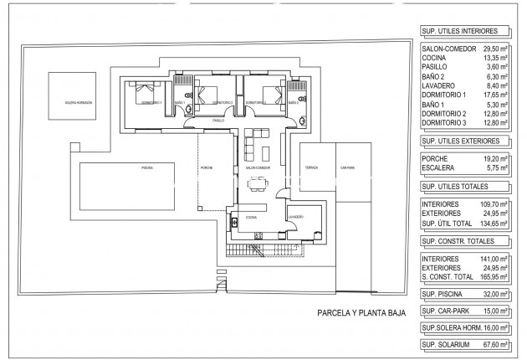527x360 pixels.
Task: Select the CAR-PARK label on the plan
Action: pyautogui.click(x=348, y=167)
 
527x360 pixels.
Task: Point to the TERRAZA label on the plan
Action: pyautogui.click(x=311, y=167)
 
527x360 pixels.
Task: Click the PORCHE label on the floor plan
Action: pyautogui.click(x=207, y=168)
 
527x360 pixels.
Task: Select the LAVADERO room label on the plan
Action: pyautogui.click(x=294, y=217)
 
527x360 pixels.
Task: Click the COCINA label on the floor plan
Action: pyautogui.click(x=251, y=217)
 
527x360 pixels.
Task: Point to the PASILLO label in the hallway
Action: pyautogui.click(x=218, y=121)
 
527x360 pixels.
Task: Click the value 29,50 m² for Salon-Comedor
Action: pyautogui.click(x=489, y=49)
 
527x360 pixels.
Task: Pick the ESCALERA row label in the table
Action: pyautogui.click(x=441, y=167)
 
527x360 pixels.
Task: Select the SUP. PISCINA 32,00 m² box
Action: pyautogui.click(x=465, y=294)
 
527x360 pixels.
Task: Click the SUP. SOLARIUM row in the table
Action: pyautogui.click(x=465, y=344)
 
